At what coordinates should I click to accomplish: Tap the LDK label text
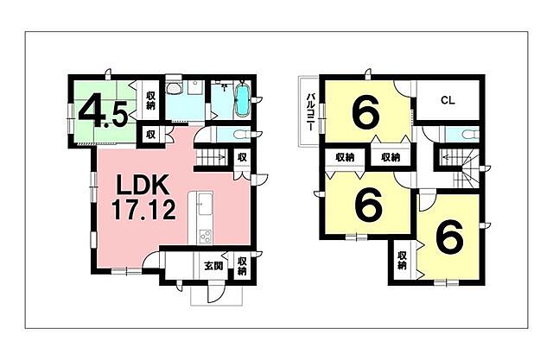tap(143, 186)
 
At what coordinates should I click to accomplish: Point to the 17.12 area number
tap(143, 209)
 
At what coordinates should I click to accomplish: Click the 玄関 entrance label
tap(213, 266)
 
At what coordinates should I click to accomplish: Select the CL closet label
tap(448, 100)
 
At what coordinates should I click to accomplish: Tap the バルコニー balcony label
tap(311, 111)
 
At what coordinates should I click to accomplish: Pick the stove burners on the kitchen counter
tap(206, 236)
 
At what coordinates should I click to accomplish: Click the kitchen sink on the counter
tap(205, 205)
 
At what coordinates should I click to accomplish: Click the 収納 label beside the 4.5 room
tap(150, 100)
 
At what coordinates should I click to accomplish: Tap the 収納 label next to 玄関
tap(242, 266)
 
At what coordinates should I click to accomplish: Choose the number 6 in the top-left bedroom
tap(365, 111)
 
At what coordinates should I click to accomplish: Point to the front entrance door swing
tap(213, 293)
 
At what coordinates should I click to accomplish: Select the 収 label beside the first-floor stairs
tap(242, 157)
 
